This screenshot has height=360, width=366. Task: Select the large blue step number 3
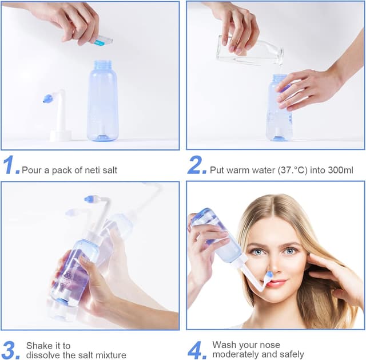(10, 350)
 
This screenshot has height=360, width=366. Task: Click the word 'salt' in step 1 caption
(109, 170)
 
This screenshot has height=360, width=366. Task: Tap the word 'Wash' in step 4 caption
(224, 345)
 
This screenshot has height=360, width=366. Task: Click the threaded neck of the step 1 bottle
(102, 65)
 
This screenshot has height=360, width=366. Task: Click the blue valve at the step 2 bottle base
(279, 137)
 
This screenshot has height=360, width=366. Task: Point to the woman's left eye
(291, 251)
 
